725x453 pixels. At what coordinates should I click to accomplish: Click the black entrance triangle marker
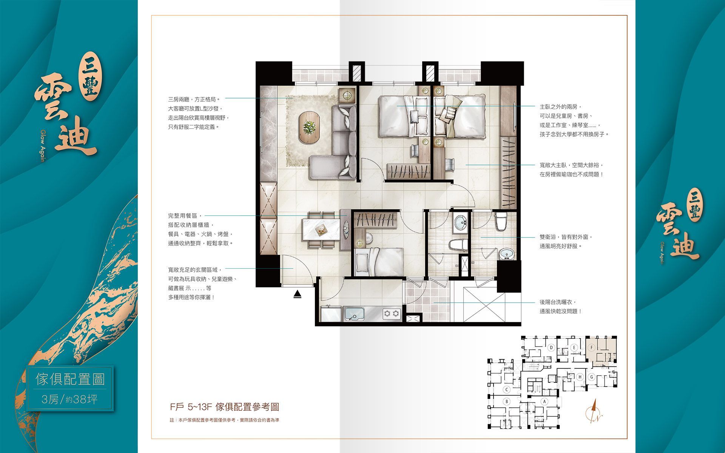click(298, 294)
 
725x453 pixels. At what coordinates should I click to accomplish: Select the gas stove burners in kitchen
click(392, 313)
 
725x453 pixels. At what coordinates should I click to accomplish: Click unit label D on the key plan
click(552, 347)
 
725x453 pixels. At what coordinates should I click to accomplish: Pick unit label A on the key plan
click(545, 402)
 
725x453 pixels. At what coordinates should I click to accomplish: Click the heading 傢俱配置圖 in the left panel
click(70, 379)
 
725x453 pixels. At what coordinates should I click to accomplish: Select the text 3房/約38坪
click(70, 399)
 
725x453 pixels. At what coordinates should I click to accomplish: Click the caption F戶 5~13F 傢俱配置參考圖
click(224, 407)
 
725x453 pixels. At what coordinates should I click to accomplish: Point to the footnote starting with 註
click(224, 420)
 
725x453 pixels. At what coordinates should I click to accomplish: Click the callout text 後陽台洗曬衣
click(558, 302)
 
